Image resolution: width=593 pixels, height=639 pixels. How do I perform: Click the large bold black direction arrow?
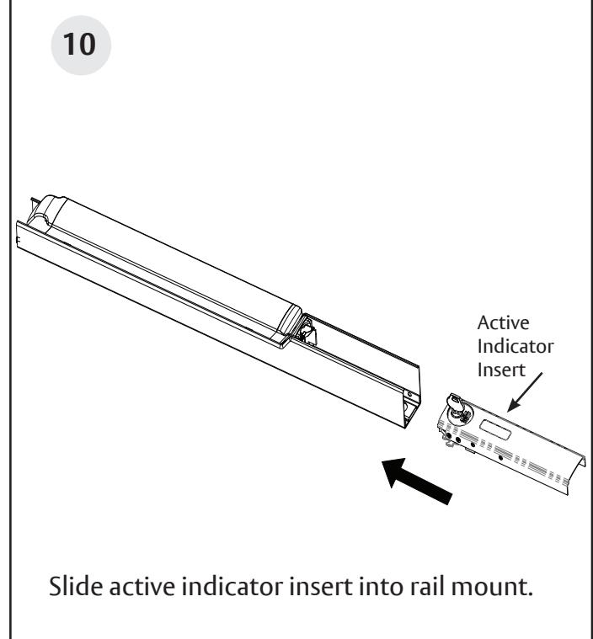[x=417, y=481]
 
